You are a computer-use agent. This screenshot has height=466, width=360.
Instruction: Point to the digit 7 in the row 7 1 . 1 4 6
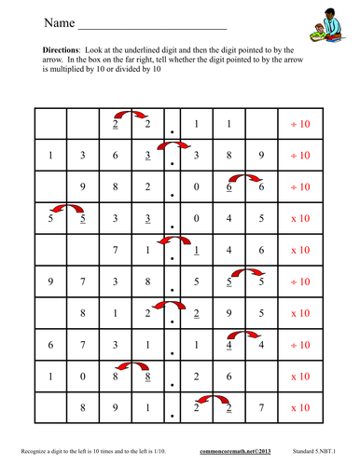(x=116, y=249)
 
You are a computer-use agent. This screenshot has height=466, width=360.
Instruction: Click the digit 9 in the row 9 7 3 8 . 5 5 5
(x=50, y=281)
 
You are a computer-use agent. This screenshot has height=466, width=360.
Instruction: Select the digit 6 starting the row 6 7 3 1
(x=50, y=344)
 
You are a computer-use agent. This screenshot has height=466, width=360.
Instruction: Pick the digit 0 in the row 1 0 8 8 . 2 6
(x=83, y=375)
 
